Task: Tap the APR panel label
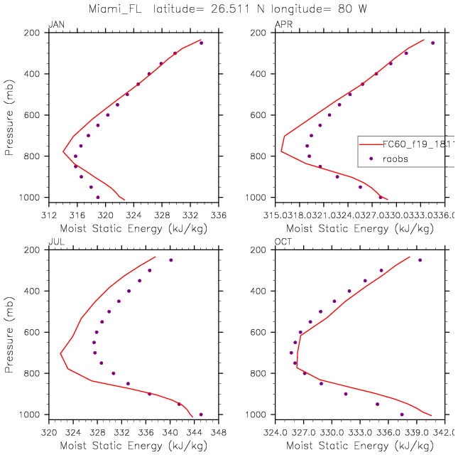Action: [x=282, y=25]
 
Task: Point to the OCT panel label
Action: [x=283, y=242]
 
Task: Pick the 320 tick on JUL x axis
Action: [x=48, y=432]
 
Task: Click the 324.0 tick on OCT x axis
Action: [x=276, y=432]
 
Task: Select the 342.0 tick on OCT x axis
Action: [x=445, y=432]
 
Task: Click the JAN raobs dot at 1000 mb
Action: [x=98, y=197]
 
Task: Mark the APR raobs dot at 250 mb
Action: [x=433, y=43]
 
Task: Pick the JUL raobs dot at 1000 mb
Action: [x=201, y=414]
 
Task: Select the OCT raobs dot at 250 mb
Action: [x=420, y=260]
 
